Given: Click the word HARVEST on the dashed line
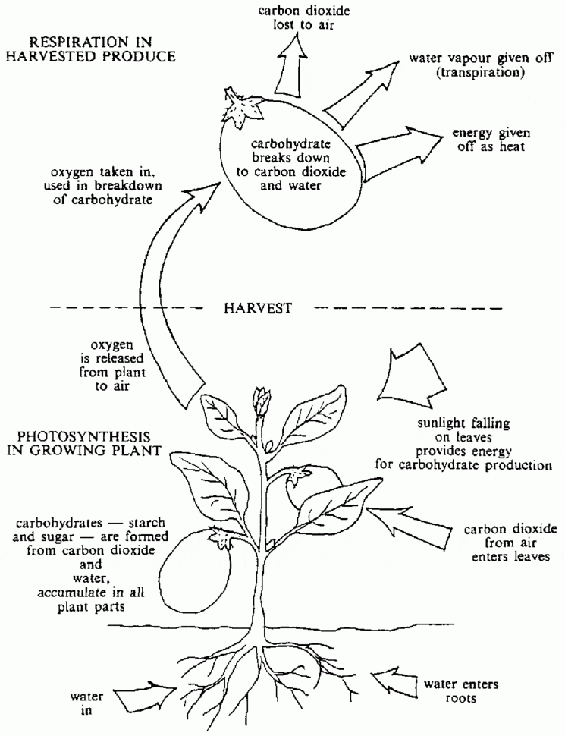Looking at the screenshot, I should pos(259,309).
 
